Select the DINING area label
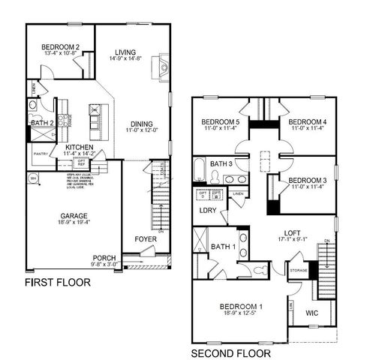141,124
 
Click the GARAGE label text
74,216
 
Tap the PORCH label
104,257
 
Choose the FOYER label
146,240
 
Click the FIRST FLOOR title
58,283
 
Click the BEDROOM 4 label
308,121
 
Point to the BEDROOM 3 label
308,180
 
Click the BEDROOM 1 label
241,306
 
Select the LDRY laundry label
207,211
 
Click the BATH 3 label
221,163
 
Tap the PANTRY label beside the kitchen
41,154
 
